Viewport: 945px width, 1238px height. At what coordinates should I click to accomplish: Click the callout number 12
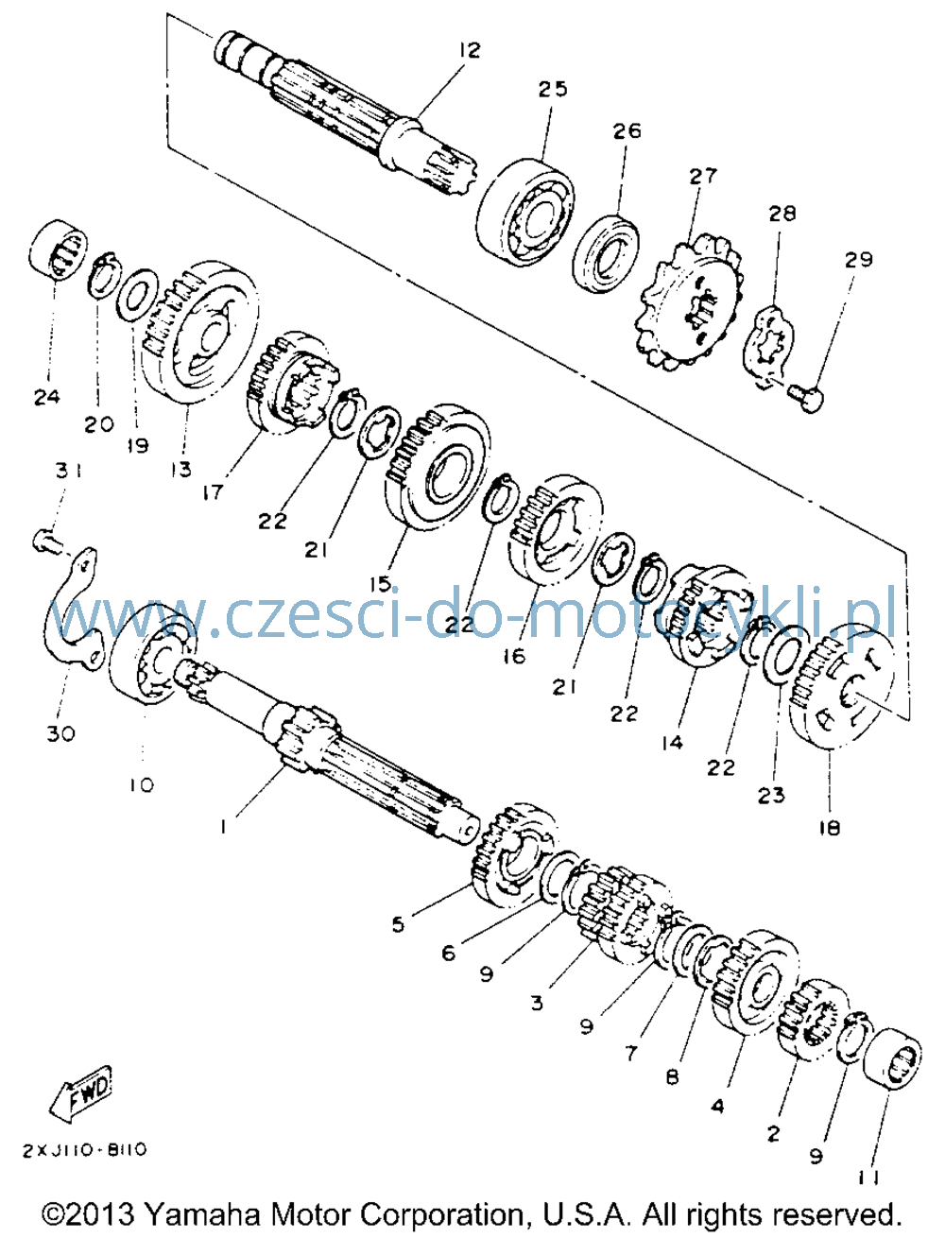469,51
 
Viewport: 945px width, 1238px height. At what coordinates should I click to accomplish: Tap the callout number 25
552,90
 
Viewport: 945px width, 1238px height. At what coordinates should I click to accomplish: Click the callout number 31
68,470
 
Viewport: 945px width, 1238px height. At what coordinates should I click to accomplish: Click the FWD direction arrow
81,1092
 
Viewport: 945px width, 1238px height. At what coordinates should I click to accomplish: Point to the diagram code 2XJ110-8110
84,1150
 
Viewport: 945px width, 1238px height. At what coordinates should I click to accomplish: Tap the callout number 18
830,828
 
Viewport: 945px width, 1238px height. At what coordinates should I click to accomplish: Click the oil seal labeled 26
605,253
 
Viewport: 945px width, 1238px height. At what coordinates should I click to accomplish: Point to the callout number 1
223,828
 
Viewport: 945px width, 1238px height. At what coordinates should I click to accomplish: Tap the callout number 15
381,584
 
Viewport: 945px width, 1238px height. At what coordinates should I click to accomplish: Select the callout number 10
141,784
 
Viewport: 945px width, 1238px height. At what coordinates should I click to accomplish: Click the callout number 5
399,925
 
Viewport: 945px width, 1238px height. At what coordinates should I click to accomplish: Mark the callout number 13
181,470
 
